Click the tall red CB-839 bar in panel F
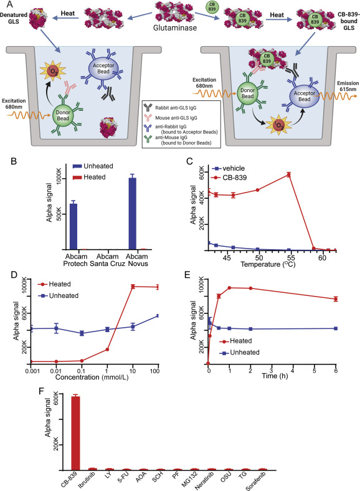click(x=75, y=433)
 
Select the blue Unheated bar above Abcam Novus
click(x=133, y=214)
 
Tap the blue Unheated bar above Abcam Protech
click(x=73, y=227)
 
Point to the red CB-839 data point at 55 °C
click(x=288, y=174)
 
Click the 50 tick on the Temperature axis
click(x=259, y=258)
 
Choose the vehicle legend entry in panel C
click(x=228, y=168)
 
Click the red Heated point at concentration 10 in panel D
click(x=133, y=287)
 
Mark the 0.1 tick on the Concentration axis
click(x=82, y=371)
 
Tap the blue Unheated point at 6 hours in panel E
click(x=336, y=328)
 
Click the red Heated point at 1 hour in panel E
click(x=229, y=288)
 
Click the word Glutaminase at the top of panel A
click(x=175, y=28)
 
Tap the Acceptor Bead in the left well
click(x=103, y=69)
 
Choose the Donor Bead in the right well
click(x=247, y=93)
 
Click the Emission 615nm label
click(x=348, y=86)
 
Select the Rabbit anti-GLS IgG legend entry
click(x=171, y=108)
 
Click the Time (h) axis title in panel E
click(x=275, y=376)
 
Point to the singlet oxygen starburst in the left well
click(x=52, y=72)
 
